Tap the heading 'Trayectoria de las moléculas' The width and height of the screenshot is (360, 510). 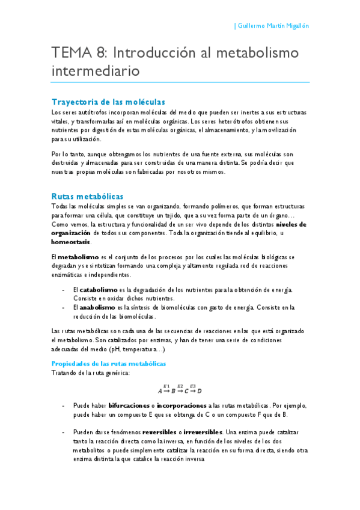tap(108, 102)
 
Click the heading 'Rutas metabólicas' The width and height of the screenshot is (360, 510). tap(87, 197)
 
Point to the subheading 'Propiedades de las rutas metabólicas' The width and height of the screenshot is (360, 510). tap(108, 363)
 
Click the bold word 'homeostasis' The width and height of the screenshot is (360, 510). tap(71, 242)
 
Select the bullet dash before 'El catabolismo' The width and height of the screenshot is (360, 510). tap(64, 290)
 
